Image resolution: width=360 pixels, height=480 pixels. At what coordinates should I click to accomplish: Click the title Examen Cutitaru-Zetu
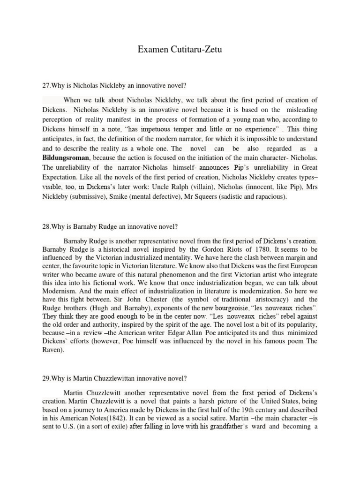pos(180,49)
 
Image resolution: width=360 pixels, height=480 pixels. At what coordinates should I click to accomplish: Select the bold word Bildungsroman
pos(65,157)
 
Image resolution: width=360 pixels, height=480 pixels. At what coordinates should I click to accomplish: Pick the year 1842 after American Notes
pos(123,416)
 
